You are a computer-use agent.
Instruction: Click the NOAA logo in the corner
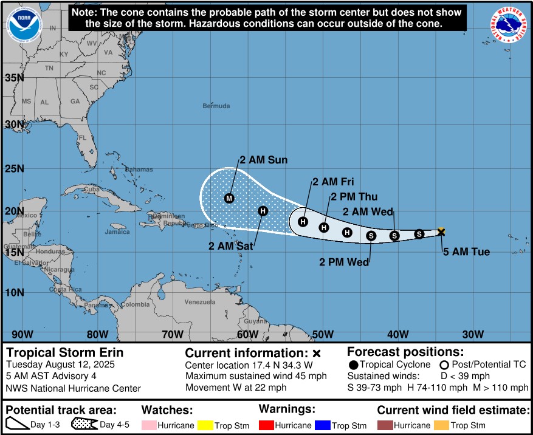23,25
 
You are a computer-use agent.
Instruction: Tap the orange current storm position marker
441,231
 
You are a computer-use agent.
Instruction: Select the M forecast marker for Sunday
229,198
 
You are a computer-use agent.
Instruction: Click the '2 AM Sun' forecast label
263,160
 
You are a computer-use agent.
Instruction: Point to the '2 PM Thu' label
354,197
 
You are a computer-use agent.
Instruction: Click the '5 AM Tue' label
467,252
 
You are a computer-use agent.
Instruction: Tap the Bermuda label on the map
216,106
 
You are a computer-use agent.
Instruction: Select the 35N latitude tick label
15,78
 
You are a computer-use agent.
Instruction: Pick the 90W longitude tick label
22,334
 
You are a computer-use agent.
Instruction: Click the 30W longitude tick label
472,334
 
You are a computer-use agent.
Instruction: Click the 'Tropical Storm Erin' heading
64,353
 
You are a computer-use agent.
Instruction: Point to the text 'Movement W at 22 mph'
235,388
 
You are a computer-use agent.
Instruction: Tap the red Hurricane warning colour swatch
268,425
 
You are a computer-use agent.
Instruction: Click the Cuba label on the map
91,189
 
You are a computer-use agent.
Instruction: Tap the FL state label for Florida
82,137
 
